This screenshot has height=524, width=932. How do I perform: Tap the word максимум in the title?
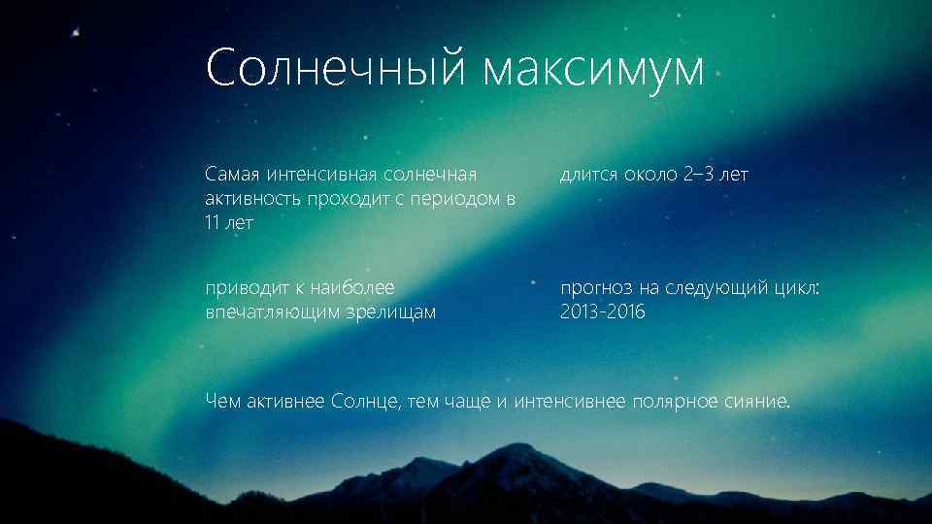[594, 69]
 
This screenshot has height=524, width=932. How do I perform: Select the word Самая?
[227, 175]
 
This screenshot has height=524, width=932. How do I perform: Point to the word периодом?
[459, 199]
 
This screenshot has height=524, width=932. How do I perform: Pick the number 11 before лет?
[213, 223]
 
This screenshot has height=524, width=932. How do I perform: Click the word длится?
[587, 175]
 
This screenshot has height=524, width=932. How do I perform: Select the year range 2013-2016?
[602, 312]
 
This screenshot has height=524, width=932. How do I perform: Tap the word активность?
[244, 199]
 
